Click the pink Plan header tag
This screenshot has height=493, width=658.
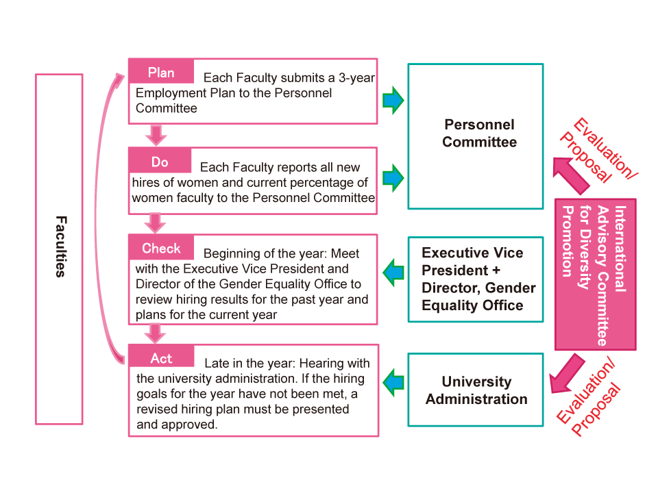[x=161, y=71]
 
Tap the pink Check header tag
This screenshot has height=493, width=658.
[x=161, y=247]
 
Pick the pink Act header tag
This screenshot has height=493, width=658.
[x=161, y=357]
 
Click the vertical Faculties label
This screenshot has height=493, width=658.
[x=61, y=246]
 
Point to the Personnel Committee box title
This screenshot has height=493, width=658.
[x=479, y=133]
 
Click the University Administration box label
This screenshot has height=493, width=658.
[x=476, y=390]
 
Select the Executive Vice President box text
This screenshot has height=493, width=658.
[x=478, y=279]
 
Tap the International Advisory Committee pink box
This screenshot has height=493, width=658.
[x=595, y=275]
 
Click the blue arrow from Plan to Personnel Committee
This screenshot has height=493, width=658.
[x=393, y=100]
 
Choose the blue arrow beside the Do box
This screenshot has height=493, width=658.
[x=393, y=178]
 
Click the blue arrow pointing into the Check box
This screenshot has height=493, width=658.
[x=393, y=273]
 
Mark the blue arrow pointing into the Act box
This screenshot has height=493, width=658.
[x=393, y=382]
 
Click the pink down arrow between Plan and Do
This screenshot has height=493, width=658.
[x=156, y=135]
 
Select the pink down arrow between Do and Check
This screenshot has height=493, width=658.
[x=156, y=223]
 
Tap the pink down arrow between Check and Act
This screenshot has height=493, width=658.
[x=156, y=333]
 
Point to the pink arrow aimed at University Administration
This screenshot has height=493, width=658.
[x=567, y=374]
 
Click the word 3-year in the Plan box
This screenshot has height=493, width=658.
[x=356, y=77]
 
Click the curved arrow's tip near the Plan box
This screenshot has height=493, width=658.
[x=124, y=75]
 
